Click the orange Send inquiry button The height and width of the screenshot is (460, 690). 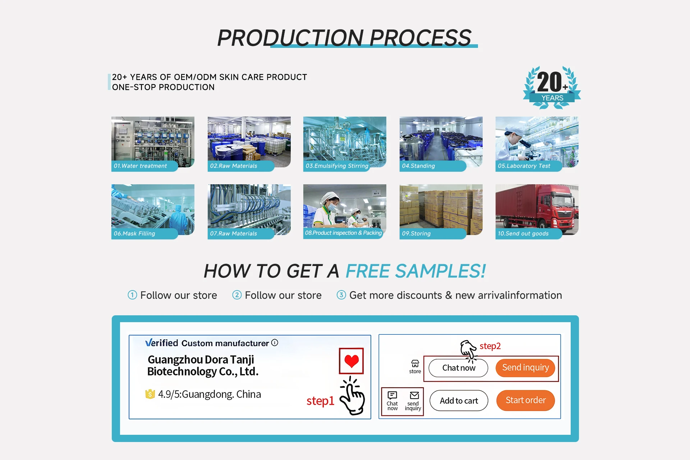pyautogui.click(x=525, y=367)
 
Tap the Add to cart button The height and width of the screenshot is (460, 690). pyautogui.click(x=459, y=401)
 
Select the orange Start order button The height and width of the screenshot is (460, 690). pyautogui.click(x=525, y=400)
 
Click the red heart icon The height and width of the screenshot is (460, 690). pyautogui.click(x=351, y=361)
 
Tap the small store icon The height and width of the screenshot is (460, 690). pyautogui.click(x=415, y=364)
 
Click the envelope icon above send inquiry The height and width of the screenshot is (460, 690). pyautogui.click(x=414, y=396)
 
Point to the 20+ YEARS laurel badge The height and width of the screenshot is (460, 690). pyautogui.click(x=552, y=87)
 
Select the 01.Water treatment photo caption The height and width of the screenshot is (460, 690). pyautogui.click(x=140, y=166)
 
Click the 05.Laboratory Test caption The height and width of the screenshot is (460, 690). pyautogui.click(x=524, y=166)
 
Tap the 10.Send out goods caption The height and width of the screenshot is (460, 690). pyautogui.click(x=523, y=234)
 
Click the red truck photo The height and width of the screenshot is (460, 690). pyautogui.click(x=537, y=209)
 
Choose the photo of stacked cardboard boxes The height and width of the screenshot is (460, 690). pyautogui.click(x=441, y=209)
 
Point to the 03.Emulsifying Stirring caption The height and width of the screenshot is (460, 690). pyautogui.click(x=337, y=166)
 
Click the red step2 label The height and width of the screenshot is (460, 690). pyautogui.click(x=490, y=346)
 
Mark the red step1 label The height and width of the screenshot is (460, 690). pyautogui.click(x=320, y=401)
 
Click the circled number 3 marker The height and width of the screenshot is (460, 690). pyautogui.click(x=341, y=295)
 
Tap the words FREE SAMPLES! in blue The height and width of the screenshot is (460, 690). pyautogui.click(x=416, y=271)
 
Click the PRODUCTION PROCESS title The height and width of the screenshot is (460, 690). pyautogui.click(x=344, y=38)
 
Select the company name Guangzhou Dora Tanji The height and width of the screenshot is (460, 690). pyautogui.click(x=201, y=360)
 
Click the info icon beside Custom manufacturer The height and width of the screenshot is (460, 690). pyautogui.click(x=275, y=343)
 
